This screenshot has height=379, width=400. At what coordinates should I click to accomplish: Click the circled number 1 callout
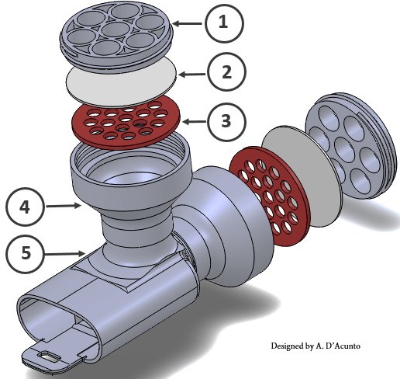(224, 23)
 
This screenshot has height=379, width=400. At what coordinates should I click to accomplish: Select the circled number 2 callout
(226, 71)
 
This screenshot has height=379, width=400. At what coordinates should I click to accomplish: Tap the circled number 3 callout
(226, 122)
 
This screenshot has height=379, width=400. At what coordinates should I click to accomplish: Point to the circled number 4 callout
(25, 207)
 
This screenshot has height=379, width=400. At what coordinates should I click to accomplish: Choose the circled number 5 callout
(25, 254)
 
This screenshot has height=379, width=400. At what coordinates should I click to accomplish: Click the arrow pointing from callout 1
(187, 23)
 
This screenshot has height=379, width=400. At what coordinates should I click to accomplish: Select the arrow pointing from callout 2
(192, 75)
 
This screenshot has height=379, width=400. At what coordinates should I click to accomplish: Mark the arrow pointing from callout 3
(195, 121)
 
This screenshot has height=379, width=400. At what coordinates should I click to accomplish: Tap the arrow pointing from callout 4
(64, 206)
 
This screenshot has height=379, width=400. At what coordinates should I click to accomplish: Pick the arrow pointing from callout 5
(64, 254)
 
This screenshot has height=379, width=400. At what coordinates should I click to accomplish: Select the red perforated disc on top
(126, 123)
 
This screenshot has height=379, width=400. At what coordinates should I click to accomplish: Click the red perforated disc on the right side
(270, 196)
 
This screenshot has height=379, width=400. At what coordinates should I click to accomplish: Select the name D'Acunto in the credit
(343, 346)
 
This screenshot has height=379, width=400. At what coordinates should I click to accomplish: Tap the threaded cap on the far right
(350, 145)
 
